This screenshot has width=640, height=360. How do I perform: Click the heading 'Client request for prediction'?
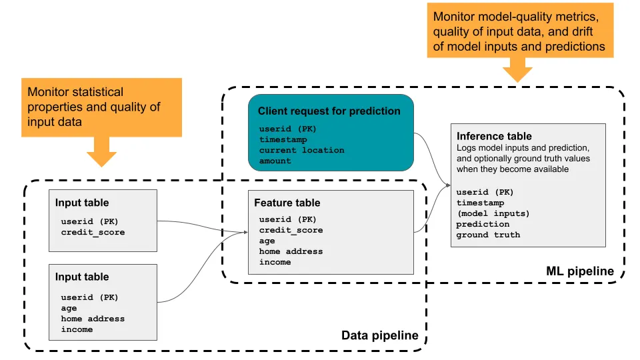coord(329,111)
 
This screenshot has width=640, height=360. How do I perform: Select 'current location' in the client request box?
coord(301,150)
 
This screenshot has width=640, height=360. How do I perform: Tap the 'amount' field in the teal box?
coord(275,161)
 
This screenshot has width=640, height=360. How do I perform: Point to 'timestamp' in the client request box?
coord(283,140)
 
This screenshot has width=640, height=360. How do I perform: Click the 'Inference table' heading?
coord(494,136)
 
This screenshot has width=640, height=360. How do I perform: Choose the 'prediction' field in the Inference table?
coord(483,224)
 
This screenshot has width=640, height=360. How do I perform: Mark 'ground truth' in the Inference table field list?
coord(488,235)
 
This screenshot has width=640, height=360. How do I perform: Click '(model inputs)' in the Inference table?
coord(493,213)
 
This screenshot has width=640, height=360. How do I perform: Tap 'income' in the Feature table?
coord(275,262)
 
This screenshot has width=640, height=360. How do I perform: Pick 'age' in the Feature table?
coord(267,241)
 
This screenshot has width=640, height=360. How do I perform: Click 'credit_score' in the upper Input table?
coord(93,232)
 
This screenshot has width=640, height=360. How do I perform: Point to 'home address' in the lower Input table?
coord(93,319)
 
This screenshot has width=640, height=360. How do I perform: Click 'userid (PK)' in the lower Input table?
coord(89,297)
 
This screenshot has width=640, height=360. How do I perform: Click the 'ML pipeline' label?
coord(581,271)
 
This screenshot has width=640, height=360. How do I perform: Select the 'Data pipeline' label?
coord(379,335)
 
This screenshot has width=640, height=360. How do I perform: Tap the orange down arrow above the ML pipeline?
coord(517,69)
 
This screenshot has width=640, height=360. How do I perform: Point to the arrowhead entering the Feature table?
coord(244,233)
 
